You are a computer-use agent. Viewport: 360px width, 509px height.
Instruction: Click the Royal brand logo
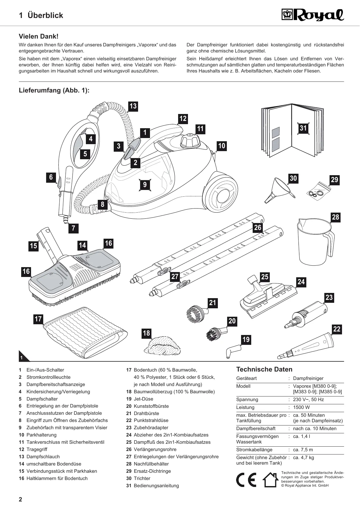(x=313, y=15)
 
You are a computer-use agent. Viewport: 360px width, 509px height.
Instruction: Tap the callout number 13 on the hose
(x=133, y=106)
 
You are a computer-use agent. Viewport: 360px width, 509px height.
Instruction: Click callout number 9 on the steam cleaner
(x=145, y=184)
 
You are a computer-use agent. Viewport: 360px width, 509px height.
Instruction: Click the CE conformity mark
(x=246, y=480)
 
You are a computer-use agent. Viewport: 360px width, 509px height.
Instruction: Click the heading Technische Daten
(x=264, y=369)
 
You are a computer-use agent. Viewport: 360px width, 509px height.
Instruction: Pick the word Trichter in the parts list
(x=142, y=478)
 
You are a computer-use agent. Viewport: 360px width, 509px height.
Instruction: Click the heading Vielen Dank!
(x=39, y=37)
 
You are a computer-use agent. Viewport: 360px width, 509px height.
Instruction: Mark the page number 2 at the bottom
(x=20, y=499)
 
